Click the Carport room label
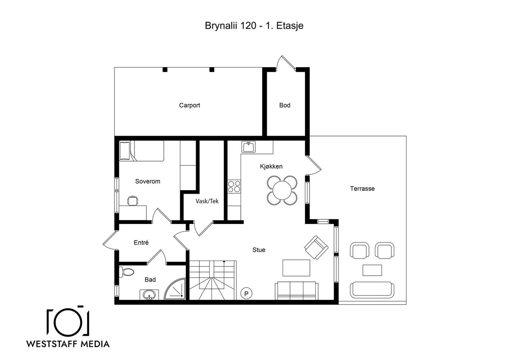(x=190, y=105)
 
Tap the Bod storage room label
(x=285, y=105)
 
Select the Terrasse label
(x=362, y=189)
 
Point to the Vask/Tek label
(x=207, y=201)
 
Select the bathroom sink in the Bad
(x=149, y=295)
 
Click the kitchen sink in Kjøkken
(x=249, y=147)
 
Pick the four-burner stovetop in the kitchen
(x=234, y=186)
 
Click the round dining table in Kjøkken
(x=282, y=190)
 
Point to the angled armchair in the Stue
(x=316, y=247)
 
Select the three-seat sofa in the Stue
(x=296, y=291)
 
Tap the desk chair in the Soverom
(x=133, y=200)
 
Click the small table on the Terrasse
(x=372, y=270)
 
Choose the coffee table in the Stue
(x=296, y=268)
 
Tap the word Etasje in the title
(x=290, y=26)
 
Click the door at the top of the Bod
(x=286, y=64)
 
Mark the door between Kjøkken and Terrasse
(x=313, y=166)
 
